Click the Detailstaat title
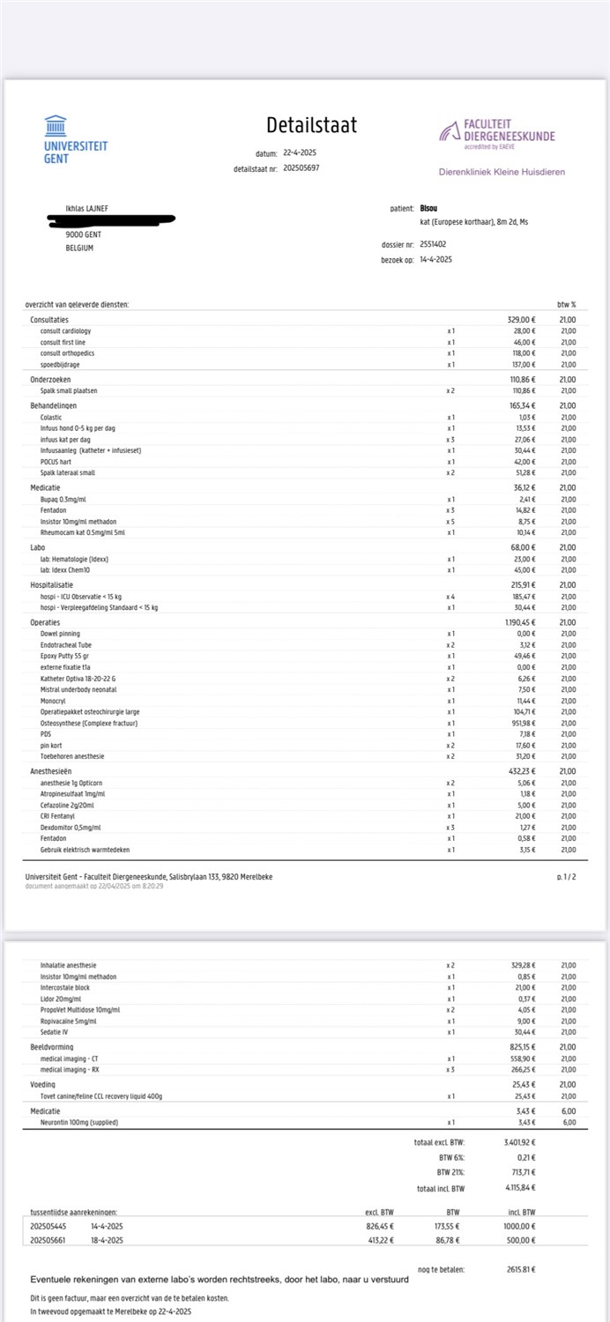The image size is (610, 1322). pyautogui.click(x=311, y=125)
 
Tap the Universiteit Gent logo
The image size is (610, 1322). pyautogui.click(x=75, y=140)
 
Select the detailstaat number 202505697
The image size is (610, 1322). pyautogui.click(x=301, y=167)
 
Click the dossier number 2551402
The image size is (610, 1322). pyautogui.click(x=433, y=244)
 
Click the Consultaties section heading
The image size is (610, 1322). pyautogui.click(x=49, y=320)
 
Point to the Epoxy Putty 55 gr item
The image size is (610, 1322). pyautogui.click(x=66, y=657)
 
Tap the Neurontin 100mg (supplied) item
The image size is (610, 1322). pyautogui.click(x=79, y=1123)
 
